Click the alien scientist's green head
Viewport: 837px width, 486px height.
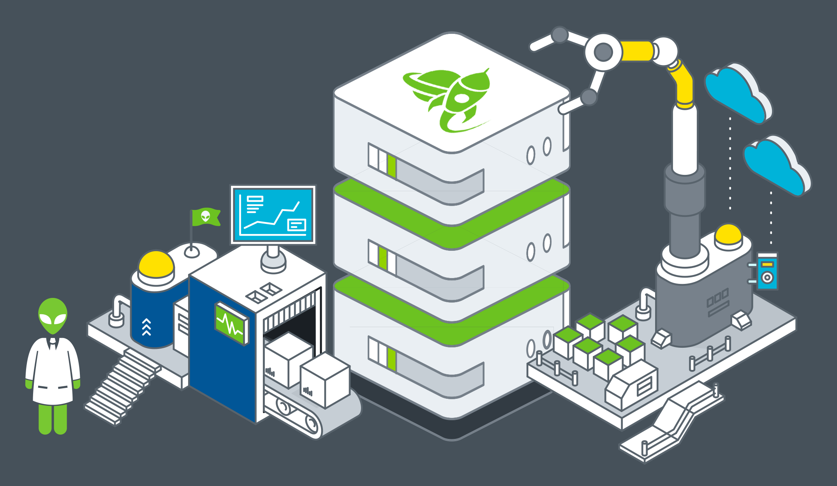[x=53, y=315]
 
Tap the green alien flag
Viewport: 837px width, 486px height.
[x=206, y=217]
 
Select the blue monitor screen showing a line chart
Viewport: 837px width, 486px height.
[x=273, y=214]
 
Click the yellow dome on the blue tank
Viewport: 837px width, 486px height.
[x=156, y=264]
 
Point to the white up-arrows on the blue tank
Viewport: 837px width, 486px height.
[x=146, y=327]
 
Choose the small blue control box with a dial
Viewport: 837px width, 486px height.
[x=767, y=271]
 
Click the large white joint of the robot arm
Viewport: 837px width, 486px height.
[x=603, y=52]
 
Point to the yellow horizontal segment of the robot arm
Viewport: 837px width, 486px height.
[x=637, y=51]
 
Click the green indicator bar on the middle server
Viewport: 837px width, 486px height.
[x=383, y=258]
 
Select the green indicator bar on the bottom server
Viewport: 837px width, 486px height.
[x=392, y=360]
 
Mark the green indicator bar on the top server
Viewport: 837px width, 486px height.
[x=392, y=167]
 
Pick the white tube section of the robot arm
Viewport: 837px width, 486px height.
[x=684, y=140]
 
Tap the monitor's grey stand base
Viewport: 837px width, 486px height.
[x=273, y=263]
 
